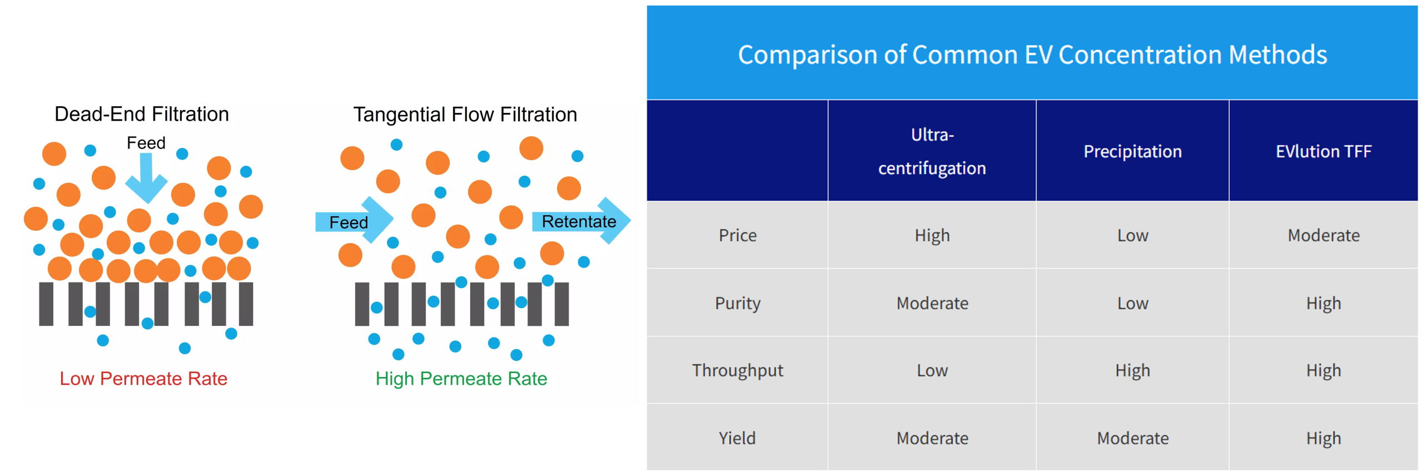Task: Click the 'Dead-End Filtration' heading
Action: point(142,114)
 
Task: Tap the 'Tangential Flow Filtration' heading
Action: point(465,115)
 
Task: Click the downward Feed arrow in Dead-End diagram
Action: point(146,178)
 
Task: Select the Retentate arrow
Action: point(581,221)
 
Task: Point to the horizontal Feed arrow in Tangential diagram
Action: point(355,221)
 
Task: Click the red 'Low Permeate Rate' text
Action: point(143,379)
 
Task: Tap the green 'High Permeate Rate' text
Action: point(461,379)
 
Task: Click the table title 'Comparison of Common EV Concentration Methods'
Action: point(1032,54)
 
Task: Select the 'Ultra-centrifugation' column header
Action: point(932,151)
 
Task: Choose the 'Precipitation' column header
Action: point(1132,151)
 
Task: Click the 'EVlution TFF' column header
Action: point(1324,151)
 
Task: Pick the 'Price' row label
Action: point(738,235)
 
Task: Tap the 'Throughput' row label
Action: point(738,370)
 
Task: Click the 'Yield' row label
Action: point(737,438)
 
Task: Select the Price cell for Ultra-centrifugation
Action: point(932,236)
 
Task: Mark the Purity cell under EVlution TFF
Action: point(1324,304)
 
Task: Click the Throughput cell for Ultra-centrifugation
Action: point(932,370)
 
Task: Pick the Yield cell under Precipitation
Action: point(1133,438)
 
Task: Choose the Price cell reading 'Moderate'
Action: point(1324,235)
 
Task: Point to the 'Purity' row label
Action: point(738,304)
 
